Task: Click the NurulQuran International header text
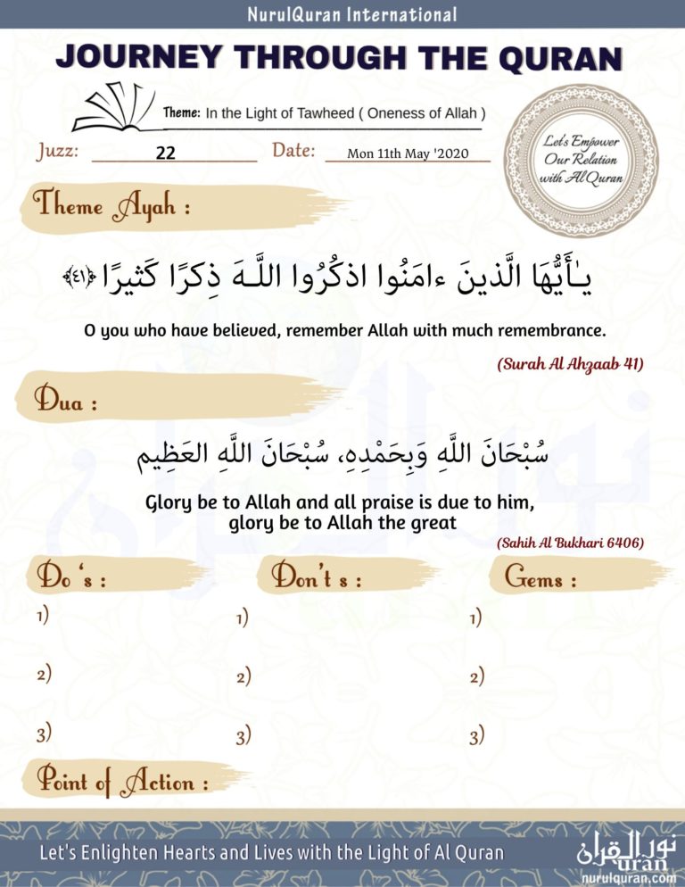(342, 14)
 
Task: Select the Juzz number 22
(165, 153)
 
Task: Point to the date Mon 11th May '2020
(408, 153)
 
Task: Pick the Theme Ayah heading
(112, 207)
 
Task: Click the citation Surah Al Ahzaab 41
(570, 364)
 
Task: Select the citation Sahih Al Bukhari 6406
(570, 542)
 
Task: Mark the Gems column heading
(541, 578)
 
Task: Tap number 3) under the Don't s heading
(243, 737)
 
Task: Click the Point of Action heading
(122, 782)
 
